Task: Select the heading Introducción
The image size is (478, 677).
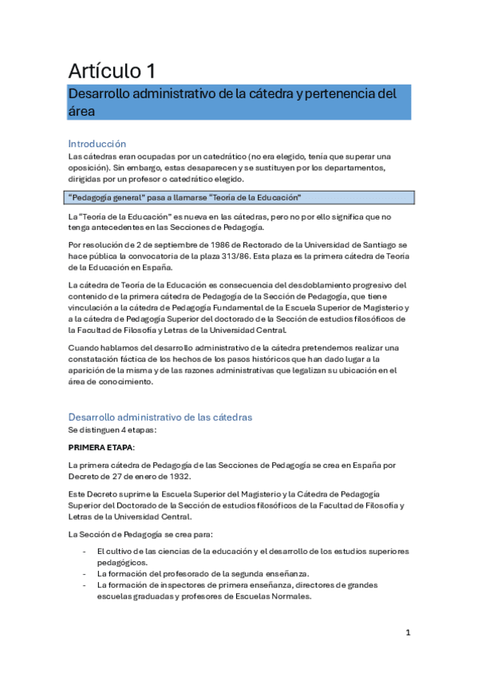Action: [97, 144]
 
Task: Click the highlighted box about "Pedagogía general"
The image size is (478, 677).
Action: [240, 197]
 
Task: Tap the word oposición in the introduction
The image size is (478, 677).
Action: [89, 168]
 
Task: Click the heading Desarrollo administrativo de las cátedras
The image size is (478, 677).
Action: [160, 417]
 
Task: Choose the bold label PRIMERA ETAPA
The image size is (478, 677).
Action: [101, 447]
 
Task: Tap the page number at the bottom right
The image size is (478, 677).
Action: [408, 633]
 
